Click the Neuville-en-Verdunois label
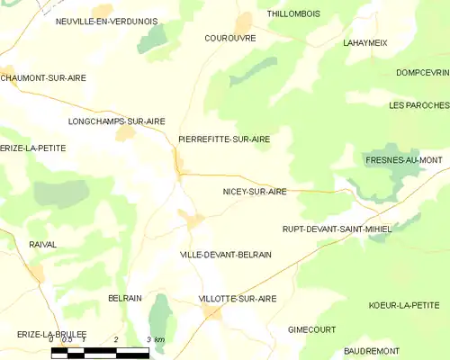(106, 21)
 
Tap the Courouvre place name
(229, 39)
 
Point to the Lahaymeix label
(364, 42)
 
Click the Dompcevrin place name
(421, 73)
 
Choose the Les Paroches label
(418, 105)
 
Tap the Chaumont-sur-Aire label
(43, 78)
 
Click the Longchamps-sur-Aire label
(117, 121)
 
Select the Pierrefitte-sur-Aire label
(224, 139)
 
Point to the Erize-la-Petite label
(33, 148)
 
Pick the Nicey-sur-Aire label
(255, 192)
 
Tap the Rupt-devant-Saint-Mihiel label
(337, 229)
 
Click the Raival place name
(42, 244)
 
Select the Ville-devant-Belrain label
(226, 255)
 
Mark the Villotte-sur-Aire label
(238, 298)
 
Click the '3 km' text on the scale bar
(155, 339)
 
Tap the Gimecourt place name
(311, 330)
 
